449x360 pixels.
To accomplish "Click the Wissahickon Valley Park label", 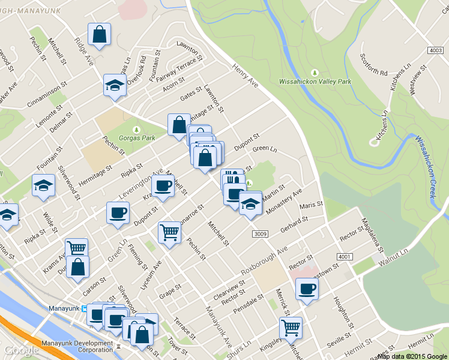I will tap(315, 81).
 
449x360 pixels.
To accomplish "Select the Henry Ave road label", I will tap(244, 76).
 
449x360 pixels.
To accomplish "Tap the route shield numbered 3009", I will tap(259, 233).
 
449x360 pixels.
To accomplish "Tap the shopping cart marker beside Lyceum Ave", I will tap(170, 232).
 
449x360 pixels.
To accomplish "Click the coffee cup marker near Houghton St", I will tap(307, 289).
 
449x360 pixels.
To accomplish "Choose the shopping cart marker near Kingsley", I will tap(291, 328).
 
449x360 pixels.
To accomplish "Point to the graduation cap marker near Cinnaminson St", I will tap(114, 85).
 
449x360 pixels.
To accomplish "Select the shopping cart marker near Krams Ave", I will tap(76, 248).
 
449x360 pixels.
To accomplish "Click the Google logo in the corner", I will tap(22, 350).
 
